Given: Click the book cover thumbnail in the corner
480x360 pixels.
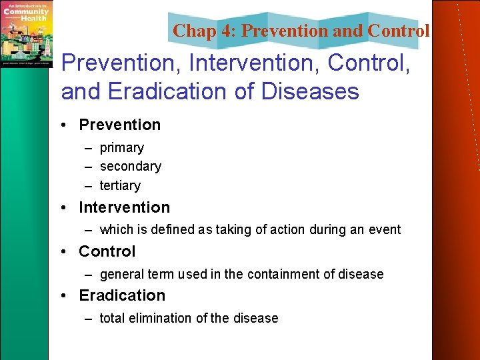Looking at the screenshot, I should point(26,33).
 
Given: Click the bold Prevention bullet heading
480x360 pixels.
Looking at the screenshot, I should point(119,125).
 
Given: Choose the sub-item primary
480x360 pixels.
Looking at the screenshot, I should point(121,147).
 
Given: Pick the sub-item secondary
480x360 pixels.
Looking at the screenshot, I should point(130,166).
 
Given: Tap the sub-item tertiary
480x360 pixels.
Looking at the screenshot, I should point(120,185).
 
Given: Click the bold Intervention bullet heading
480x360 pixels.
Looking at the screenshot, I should point(124,207).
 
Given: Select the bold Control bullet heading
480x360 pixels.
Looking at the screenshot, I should point(107,251).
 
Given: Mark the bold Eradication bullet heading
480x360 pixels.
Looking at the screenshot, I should point(122,295).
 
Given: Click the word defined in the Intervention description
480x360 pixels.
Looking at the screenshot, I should point(173,230).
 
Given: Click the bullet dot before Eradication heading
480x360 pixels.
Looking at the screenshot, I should point(68,296).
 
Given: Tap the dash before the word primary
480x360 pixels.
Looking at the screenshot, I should point(89,148).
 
